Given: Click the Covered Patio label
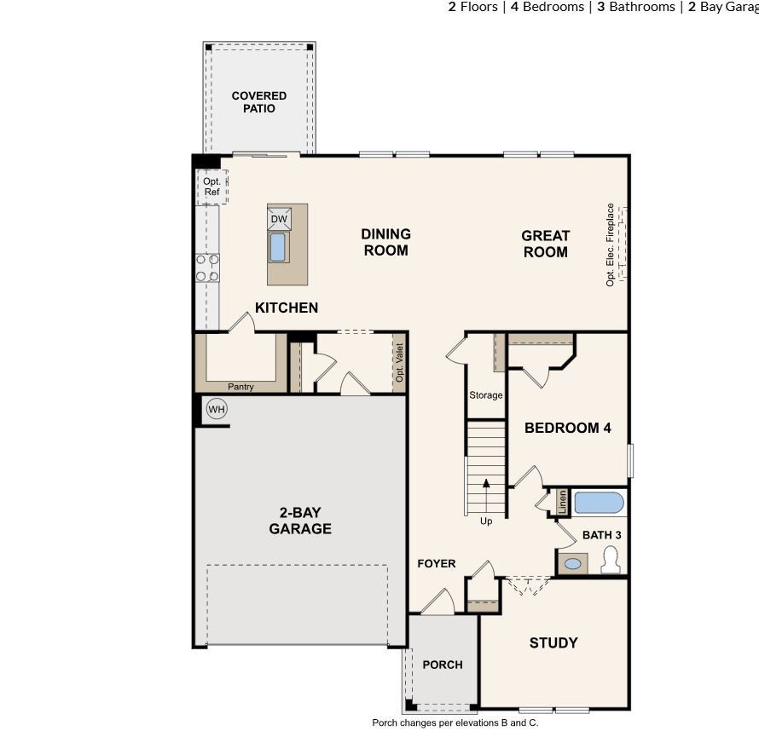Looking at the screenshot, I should (x=259, y=102).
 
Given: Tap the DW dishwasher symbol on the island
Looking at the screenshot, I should (x=279, y=219).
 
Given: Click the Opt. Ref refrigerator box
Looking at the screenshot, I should (x=211, y=187).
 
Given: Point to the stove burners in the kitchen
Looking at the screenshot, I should (x=207, y=268).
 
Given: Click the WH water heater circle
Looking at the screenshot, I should (x=217, y=410).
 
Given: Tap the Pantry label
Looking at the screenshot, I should (x=240, y=387).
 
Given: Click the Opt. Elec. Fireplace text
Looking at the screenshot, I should (x=611, y=245).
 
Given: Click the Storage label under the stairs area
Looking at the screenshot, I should (x=486, y=395).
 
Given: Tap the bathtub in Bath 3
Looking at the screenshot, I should (x=599, y=503).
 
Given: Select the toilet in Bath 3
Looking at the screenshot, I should (x=611, y=560).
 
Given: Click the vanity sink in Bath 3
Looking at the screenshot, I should (x=574, y=563).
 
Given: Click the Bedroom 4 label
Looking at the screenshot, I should (x=567, y=428).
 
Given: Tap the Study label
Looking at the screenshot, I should (x=553, y=642).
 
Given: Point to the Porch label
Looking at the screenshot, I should (x=443, y=665).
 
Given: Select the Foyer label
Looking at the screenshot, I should (x=436, y=563).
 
